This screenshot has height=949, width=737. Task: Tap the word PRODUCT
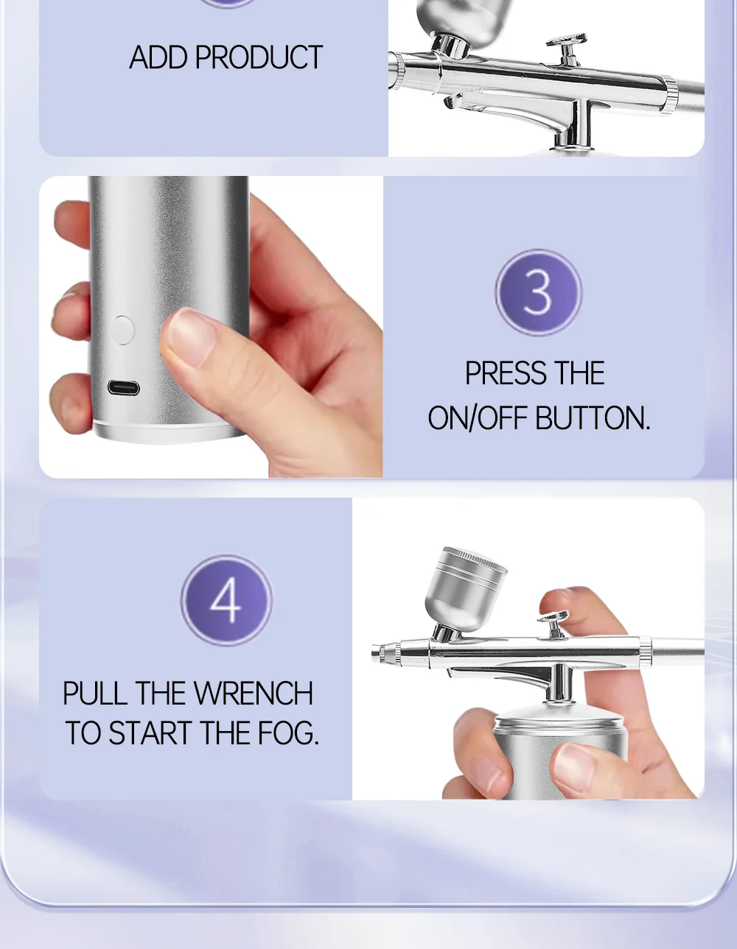(259, 57)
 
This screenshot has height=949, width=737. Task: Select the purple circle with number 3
(538, 292)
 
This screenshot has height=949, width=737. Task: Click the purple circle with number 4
(226, 600)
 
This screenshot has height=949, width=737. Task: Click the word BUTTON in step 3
(593, 418)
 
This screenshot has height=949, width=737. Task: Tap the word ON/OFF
(478, 418)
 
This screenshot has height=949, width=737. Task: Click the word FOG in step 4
(287, 733)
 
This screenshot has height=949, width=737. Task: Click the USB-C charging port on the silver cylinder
(124, 388)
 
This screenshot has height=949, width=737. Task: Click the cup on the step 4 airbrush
(465, 587)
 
